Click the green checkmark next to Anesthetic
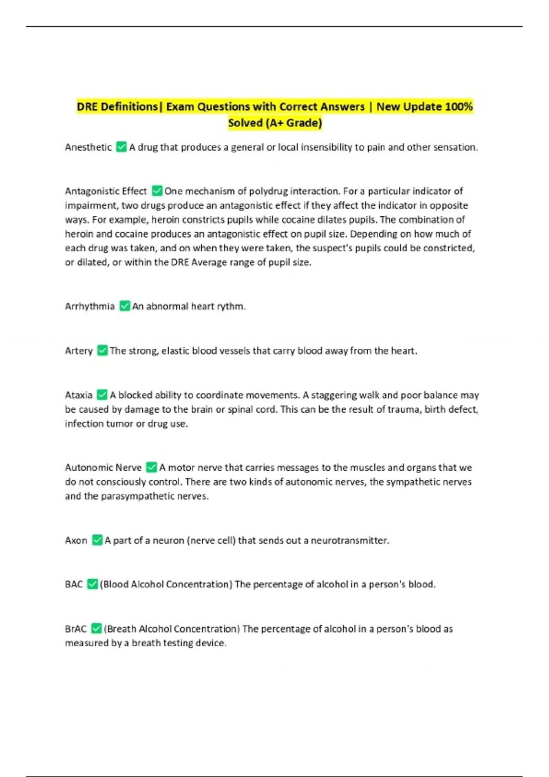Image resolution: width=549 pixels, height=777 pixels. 121,147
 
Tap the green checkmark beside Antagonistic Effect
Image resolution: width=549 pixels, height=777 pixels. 157,191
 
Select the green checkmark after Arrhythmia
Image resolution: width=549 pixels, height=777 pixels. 124,306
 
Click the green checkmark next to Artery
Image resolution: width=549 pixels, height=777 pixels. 102,351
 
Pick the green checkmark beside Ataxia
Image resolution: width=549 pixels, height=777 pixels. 102,394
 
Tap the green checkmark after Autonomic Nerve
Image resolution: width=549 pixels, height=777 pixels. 151,467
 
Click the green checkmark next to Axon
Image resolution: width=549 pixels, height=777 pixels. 97,540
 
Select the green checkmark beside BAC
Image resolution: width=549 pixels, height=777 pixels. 92,584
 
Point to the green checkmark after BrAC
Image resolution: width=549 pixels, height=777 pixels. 96,628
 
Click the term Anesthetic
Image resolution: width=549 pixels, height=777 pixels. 88,147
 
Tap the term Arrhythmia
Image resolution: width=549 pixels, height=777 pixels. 90,306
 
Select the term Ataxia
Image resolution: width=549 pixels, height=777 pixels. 79,395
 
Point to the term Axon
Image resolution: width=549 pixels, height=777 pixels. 76,540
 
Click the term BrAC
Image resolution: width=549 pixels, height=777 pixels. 76,629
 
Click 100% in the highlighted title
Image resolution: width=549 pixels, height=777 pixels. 458,106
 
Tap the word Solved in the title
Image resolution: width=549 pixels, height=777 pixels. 245,123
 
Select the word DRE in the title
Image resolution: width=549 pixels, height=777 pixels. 86,106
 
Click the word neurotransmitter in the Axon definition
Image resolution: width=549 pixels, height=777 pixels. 350,540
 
